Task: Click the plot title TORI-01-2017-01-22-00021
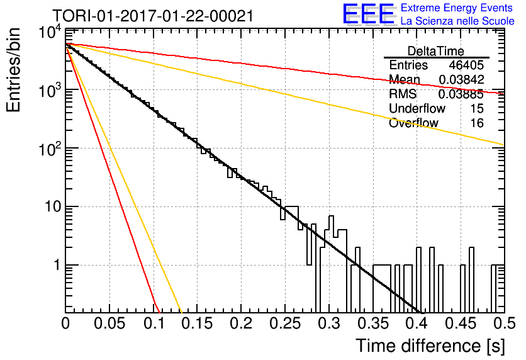153,16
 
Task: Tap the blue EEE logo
368,14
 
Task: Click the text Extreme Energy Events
457,8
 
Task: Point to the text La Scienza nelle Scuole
457,21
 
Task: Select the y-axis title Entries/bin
13,70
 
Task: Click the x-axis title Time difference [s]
430,346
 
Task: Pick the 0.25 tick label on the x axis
285,323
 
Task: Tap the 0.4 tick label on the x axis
417,323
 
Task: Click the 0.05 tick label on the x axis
109,323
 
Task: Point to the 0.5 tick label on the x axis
505,323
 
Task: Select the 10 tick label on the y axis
53,206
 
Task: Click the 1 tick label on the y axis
57,265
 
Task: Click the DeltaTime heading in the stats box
436,51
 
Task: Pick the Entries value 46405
466,65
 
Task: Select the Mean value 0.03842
461,79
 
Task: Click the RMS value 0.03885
461,94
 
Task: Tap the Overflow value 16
477,123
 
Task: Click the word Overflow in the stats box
413,123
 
